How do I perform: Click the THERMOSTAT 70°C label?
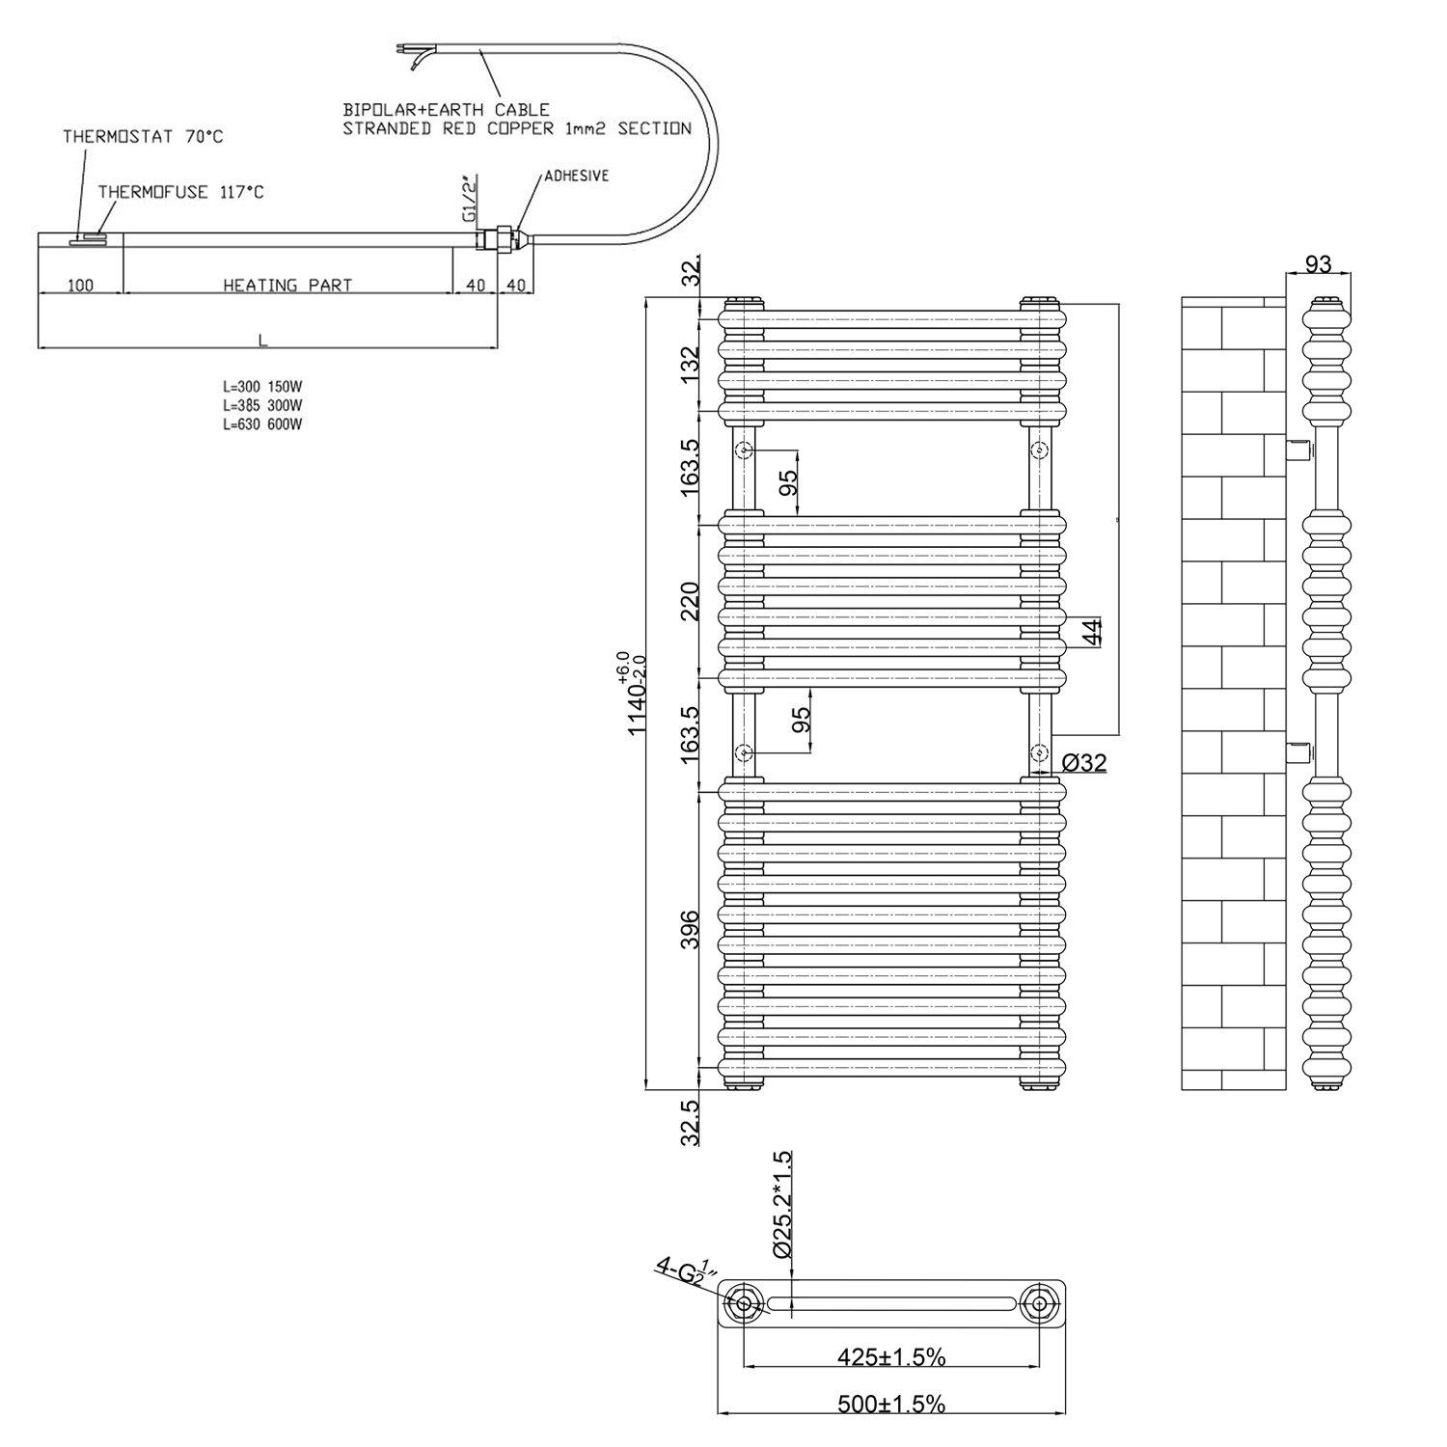click(143, 137)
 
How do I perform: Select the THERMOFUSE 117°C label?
click(180, 192)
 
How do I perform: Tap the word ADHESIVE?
click(577, 177)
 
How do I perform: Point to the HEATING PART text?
click(287, 286)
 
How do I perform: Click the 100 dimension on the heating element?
click(80, 286)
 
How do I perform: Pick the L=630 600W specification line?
click(262, 424)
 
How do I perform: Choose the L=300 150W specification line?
click(262, 387)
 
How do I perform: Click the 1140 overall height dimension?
click(633, 694)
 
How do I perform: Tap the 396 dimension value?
click(690, 929)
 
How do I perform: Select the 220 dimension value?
click(690, 603)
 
